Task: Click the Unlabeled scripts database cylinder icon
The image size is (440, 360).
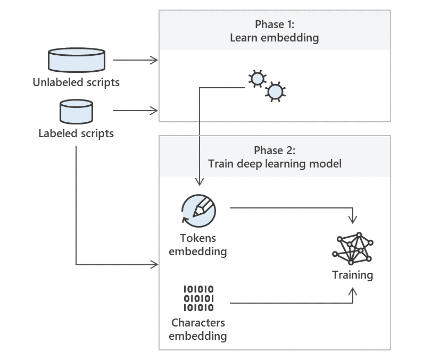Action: coord(76,60)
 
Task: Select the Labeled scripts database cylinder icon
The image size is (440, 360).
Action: coord(76,111)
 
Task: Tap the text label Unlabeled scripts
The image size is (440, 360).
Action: coord(76,82)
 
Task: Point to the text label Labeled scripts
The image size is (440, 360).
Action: coord(76,133)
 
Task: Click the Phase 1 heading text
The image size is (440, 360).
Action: coord(275,24)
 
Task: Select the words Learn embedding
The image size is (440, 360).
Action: coord(275,38)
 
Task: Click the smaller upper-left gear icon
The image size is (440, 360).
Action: coord(257,79)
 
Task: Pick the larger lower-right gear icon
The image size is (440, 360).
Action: coord(275,92)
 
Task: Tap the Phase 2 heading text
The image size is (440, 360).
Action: coord(275,150)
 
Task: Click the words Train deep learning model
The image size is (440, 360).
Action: coord(275,163)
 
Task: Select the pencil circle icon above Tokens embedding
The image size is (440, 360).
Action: coord(198,211)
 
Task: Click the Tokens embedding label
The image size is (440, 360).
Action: coord(198,245)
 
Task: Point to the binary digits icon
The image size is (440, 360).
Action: coord(198,298)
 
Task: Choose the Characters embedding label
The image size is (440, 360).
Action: coord(198,329)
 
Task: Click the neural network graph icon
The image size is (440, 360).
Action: coord(353,248)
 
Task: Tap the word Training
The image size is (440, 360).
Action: coord(353,275)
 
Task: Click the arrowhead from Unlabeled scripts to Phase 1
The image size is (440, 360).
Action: coord(155,60)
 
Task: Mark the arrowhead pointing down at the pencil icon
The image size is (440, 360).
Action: coord(199,182)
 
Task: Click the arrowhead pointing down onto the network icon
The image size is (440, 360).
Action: coord(353,219)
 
